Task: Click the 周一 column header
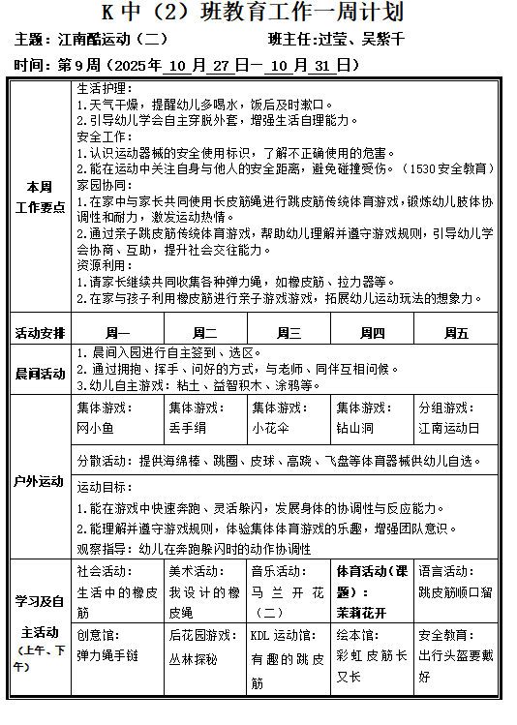116,333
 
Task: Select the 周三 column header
289,333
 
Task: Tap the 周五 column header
456,333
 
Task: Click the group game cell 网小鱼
96,426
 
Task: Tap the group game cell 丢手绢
187,426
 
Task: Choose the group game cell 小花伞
270,426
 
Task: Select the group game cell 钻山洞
354,426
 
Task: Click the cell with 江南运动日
448,426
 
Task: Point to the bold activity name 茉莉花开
358,612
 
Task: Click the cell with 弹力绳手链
107,654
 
